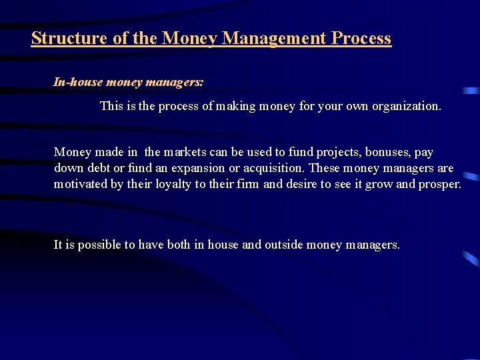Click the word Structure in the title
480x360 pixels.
coord(70,38)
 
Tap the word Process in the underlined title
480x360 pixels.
coord(361,38)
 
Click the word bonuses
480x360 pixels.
coord(387,153)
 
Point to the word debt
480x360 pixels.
coord(97,168)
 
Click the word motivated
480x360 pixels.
coord(81,184)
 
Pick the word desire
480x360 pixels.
coord(304,184)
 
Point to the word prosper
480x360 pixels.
coord(439,184)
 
